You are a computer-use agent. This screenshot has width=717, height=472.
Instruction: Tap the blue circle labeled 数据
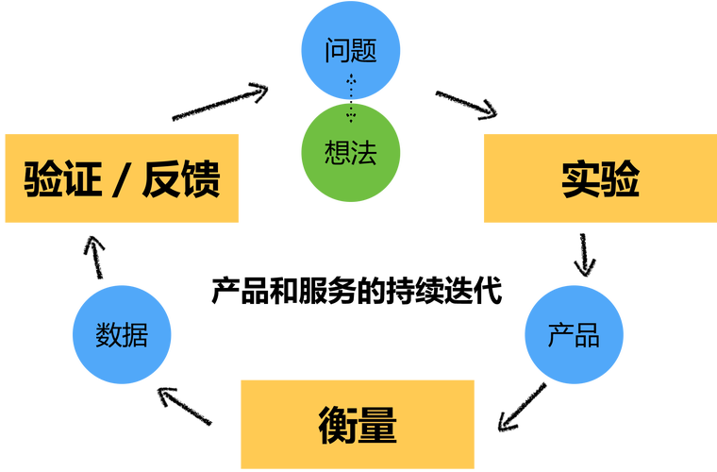click(122, 334)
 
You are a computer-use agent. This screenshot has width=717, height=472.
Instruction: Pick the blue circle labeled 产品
click(574, 334)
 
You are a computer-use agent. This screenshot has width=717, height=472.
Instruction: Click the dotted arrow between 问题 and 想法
click(351, 98)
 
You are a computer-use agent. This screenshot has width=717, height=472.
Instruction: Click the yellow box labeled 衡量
click(357, 425)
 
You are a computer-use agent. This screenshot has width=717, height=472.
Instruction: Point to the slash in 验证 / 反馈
click(121, 178)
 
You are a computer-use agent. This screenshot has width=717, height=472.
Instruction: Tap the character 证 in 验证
click(82, 178)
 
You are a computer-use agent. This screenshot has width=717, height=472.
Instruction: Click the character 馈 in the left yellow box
click(200, 178)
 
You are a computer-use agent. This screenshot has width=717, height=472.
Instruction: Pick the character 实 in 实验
click(580, 178)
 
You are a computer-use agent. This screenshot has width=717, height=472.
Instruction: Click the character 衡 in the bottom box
click(337, 425)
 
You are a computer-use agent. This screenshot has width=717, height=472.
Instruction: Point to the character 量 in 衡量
click(376, 425)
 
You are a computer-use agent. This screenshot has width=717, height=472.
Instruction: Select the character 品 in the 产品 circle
click(587, 334)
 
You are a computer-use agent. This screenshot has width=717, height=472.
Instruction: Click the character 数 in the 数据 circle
click(108, 334)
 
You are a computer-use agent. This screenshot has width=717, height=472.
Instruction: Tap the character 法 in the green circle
click(364, 154)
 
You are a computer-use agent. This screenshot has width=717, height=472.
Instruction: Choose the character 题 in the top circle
click(364, 50)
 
